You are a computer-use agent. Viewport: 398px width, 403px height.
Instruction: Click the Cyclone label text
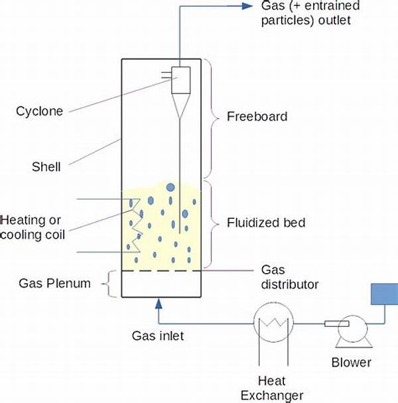click(39, 111)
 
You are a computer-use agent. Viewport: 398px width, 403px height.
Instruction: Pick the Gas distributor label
click(286, 278)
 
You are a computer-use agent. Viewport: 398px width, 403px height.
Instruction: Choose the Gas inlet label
click(157, 336)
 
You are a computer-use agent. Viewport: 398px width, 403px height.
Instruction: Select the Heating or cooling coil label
click(33, 226)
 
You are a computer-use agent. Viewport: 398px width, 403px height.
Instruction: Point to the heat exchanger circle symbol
click(271, 324)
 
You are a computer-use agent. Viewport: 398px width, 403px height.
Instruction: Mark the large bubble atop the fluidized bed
click(170, 187)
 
